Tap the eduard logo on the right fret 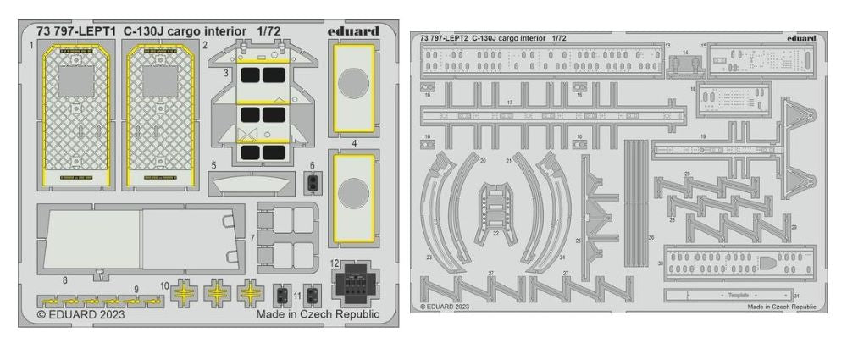tap(800, 37)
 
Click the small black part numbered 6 tap(312, 180)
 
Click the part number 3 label tap(226, 74)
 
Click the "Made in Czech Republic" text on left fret tap(318, 313)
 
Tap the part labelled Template tap(727, 296)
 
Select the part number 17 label tap(510, 102)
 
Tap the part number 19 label tap(703, 136)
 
